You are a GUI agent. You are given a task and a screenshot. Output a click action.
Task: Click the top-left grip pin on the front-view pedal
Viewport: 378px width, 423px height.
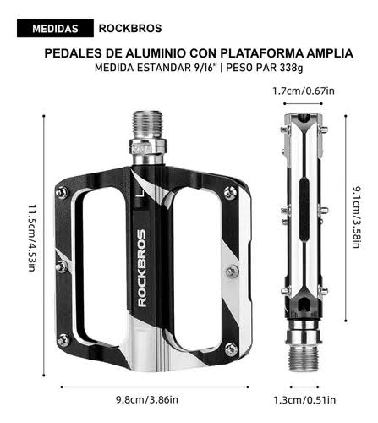[61, 193]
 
